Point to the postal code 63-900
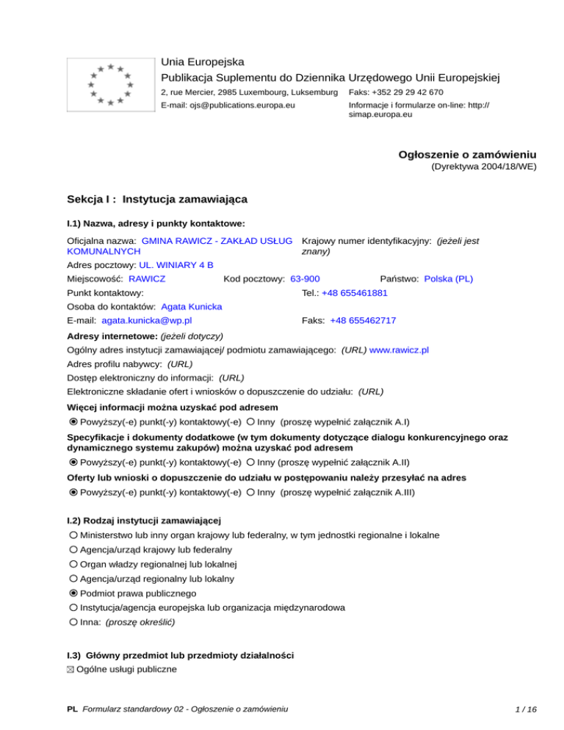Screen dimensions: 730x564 305,278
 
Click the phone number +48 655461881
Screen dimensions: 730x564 355,292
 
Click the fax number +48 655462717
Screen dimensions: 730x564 363,320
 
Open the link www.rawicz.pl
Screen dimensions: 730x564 399,350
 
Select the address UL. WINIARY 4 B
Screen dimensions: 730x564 176,264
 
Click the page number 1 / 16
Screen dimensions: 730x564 527,709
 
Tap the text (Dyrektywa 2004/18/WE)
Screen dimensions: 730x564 482,167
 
